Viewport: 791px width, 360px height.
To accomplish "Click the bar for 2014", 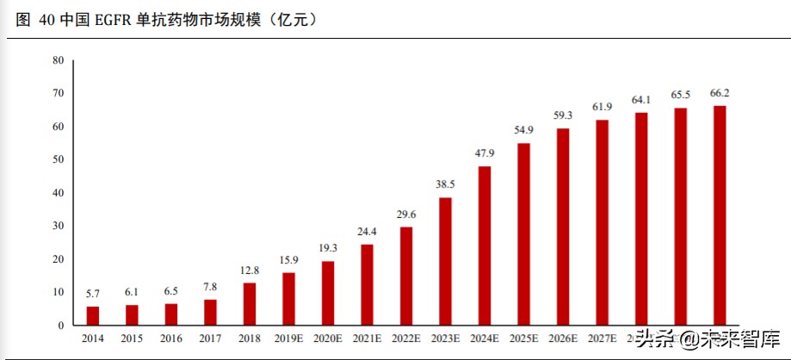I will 93,316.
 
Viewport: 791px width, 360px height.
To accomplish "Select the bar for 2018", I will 250,304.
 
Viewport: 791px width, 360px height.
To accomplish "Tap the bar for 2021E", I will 367,285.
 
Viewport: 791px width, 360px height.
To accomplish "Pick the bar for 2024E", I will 485,245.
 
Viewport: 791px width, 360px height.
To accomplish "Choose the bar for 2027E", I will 602,222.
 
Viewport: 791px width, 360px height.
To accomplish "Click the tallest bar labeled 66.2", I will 720,215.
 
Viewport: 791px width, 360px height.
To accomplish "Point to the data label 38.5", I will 445,184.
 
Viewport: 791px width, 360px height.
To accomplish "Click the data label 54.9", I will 523,129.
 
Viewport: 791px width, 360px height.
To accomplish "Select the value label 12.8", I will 250,270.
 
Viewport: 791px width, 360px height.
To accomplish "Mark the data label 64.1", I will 641,99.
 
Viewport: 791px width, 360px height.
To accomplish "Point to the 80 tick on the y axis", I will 58,60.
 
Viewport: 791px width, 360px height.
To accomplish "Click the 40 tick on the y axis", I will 58,193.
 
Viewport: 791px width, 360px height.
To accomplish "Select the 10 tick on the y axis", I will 58,293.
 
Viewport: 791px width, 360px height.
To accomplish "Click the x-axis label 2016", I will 171,339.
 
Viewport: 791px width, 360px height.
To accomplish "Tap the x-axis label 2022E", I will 406,339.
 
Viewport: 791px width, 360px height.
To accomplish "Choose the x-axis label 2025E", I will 523,339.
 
